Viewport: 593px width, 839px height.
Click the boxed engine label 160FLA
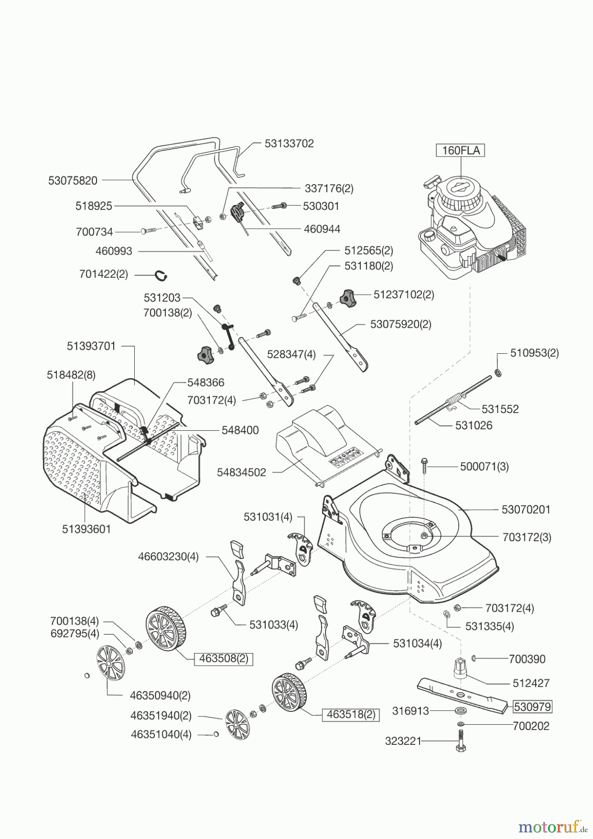(461, 151)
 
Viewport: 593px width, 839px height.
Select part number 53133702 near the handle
(289, 144)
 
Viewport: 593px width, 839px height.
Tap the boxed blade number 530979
(532, 707)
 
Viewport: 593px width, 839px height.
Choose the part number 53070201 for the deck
(526, 509)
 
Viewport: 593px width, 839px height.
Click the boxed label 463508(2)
(224, 659)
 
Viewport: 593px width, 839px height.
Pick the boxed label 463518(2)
(351, 714)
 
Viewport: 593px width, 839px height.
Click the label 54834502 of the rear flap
(241, 472)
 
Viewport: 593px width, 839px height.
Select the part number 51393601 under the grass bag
(86, 529)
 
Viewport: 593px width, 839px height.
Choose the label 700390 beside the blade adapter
(527, 659)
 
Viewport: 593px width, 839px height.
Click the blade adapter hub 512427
(461, 671)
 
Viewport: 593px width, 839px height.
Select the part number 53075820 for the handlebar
(73, 180)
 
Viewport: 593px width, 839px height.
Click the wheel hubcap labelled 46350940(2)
(110, 662)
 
